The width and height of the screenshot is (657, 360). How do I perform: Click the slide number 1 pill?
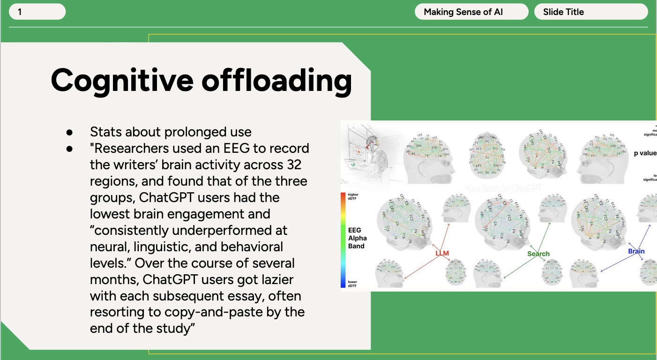(x=37, y=12)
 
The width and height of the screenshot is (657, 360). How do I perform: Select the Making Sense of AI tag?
(x=471, y=12)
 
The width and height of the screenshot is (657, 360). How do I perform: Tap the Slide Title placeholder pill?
(x=590, y=12)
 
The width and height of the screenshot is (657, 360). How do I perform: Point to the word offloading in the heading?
(x=276, y=80)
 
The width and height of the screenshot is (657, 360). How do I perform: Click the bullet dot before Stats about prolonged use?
(x=70, y=132)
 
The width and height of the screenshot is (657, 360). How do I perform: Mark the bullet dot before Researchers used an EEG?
(x=70, y=149)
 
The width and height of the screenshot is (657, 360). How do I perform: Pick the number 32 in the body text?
(x=292, y=165)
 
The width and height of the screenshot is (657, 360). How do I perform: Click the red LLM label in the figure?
(x=442, y=254)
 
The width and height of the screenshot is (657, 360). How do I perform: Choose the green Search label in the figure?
(x=538, y=254)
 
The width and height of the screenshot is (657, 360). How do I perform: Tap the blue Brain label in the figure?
(x=636, y=251)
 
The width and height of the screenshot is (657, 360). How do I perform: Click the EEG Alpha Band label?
(x=357, y=238)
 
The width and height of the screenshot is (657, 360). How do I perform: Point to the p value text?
(x=645, y=153)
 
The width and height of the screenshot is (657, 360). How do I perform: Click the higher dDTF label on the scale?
(x=353, y=196)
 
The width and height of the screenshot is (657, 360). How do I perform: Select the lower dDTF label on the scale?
(x=352, y=284)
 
